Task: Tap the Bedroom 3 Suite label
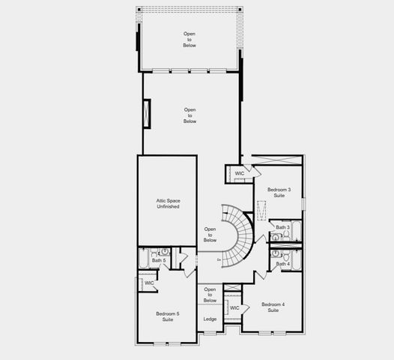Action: click(279, 193)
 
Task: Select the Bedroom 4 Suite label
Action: click(273, 307)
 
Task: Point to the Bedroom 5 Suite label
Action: click(168, 316)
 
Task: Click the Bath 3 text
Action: click(282, 227)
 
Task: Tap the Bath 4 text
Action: click(282, 263)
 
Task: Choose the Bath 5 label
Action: click(169, 260)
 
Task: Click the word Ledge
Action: click(210, 319)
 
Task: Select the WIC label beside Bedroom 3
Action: click(240, 174)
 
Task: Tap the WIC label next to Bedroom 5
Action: click(149, 283)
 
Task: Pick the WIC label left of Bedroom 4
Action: click(234, 307)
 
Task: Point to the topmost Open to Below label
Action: click(190, 40)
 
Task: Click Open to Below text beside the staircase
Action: click(210, 235)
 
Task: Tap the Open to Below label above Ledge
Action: click(210, 295)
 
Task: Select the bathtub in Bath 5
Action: click(143, 259)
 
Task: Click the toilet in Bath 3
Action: click(275, 237)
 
